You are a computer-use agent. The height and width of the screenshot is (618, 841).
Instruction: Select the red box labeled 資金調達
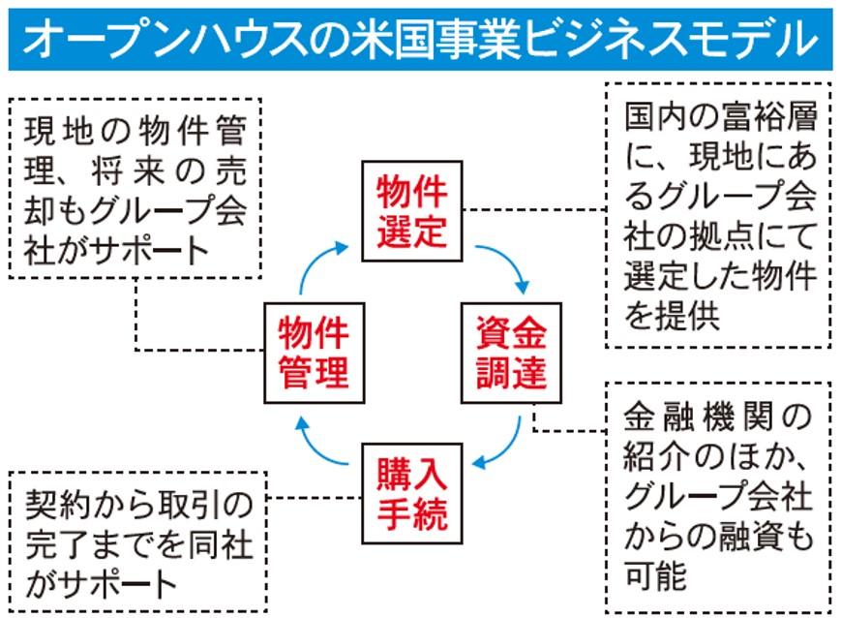coord(510,355)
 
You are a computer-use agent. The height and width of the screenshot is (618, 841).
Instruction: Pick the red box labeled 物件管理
coord(314,355)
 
